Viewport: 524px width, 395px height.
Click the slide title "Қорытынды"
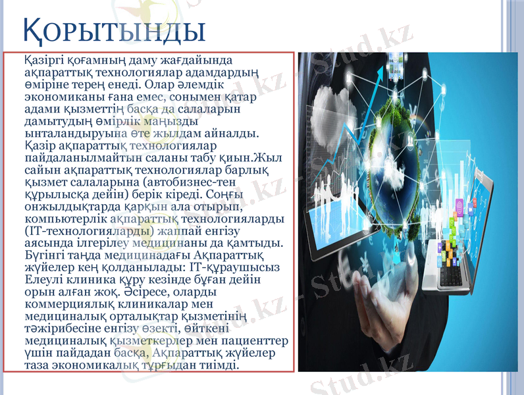point(114,30)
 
